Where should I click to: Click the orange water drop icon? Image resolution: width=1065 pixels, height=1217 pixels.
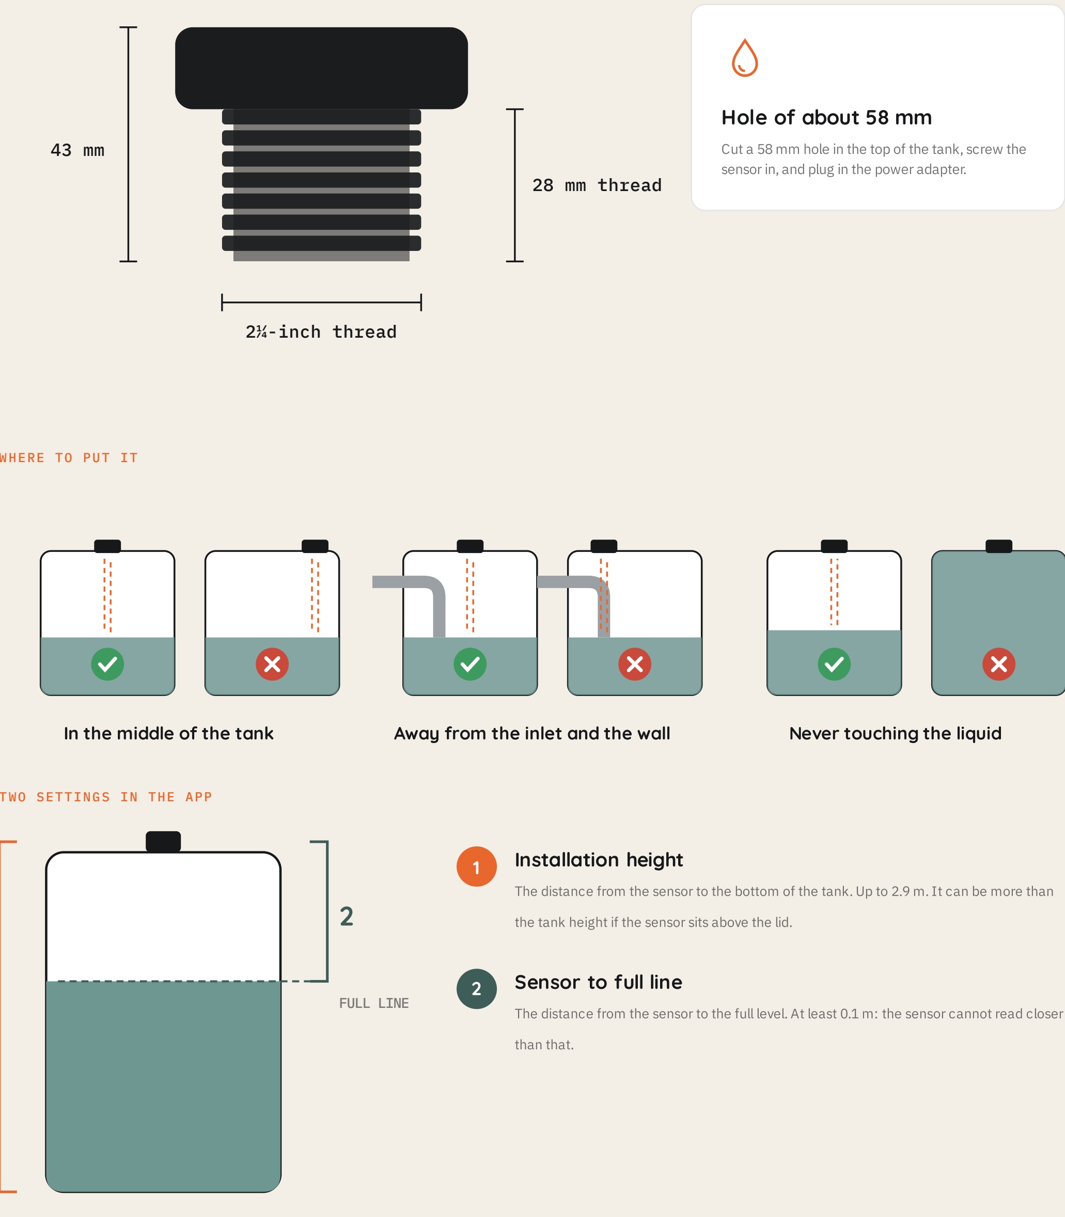point(744,58)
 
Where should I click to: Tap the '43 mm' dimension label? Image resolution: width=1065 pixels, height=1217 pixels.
point(77,150)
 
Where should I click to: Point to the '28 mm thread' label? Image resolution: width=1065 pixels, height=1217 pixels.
point(597,185)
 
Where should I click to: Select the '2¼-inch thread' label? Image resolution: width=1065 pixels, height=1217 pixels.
point(321,331)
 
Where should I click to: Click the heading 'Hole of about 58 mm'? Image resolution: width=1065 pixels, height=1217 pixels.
point(826,117)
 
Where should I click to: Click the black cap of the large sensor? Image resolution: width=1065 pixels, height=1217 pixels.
point(321,68)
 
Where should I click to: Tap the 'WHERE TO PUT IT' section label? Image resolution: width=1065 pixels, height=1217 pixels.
point(68,457)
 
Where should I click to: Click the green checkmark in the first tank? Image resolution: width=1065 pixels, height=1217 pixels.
point(107,664)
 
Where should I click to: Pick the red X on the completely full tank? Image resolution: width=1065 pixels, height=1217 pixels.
point(998,664)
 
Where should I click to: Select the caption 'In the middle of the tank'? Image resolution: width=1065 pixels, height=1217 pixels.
point(168,733)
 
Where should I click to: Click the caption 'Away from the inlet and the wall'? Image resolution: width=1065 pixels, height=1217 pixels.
point(532,733)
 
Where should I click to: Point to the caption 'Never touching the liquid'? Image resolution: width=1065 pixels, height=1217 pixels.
point(895,733)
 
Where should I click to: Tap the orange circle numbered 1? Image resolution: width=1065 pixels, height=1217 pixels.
point(476,866)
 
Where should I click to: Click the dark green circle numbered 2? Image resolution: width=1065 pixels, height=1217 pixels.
point(476,989)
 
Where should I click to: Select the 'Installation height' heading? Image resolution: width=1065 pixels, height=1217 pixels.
point(599,860)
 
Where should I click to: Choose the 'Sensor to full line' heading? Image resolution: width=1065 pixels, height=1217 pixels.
point(598,982)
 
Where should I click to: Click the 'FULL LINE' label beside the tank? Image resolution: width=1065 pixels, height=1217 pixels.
point(374,1003)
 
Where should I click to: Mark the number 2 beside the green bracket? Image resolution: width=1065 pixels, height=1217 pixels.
point(347,916)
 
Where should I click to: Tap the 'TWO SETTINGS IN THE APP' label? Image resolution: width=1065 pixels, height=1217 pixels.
point(106,797)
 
